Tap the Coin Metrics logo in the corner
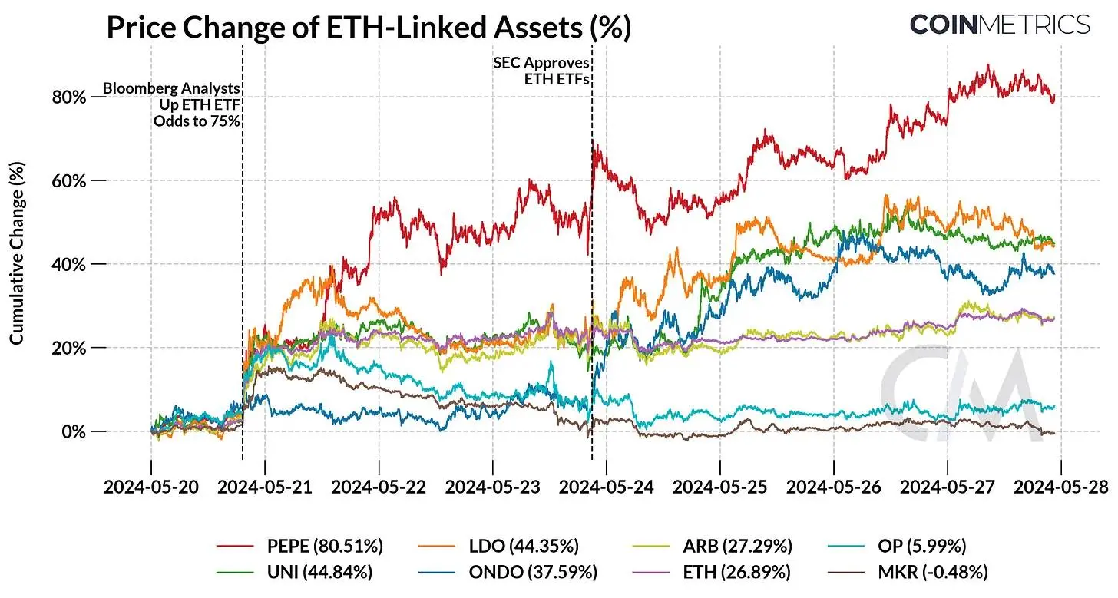(1000, 25)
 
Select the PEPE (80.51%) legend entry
(299, 547)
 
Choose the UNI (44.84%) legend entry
(299, 572)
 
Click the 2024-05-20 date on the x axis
(150, 487)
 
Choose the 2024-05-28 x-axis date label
(1061, 487)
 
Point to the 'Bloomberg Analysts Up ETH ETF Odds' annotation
(171, 104)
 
